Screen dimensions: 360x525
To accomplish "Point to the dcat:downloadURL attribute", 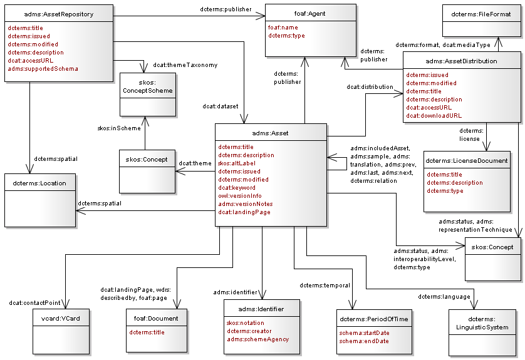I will [434, 116].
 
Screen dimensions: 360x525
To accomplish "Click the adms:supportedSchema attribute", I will [43, 69].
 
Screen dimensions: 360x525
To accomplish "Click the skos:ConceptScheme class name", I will [148, 86].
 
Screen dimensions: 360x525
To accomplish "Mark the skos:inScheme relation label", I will [119, 128].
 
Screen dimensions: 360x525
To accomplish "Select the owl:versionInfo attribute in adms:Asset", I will [240, 196].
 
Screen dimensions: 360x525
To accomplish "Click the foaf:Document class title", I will [156, 319].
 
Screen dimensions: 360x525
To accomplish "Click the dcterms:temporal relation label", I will [320, 285].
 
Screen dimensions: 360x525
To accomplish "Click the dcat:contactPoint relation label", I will [34, 304].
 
